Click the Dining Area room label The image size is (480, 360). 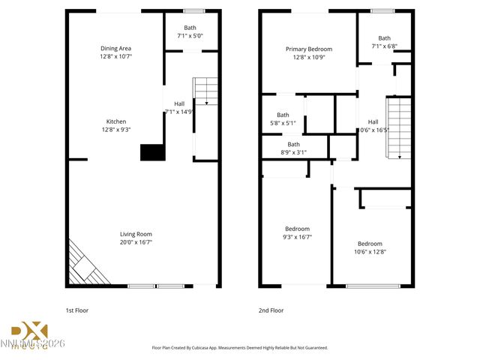(115, 48)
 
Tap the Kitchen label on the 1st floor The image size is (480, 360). (115, 121)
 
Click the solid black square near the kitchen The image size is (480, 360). (152, 152)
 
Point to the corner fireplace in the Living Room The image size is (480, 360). (85, 265)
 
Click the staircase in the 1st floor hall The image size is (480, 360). (205, 91)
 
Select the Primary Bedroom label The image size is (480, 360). (308, 49)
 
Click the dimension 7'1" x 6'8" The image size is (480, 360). (384, 46)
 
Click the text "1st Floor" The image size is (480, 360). (77, 309)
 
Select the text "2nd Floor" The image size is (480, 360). (271, 309)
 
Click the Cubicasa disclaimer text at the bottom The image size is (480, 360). (240, 348)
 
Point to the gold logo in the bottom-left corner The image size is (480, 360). (30, 332)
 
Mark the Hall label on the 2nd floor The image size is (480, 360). (373, 121)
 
